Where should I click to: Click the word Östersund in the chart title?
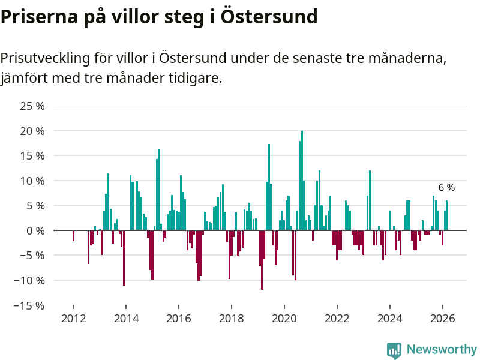[268, 16]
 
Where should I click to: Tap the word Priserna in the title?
[36, 16]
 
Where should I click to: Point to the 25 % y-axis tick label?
[32, 106]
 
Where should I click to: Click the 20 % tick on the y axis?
[32, 131]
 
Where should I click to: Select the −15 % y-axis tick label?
[29, 305]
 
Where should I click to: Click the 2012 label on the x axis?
[73, 319]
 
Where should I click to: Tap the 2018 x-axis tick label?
[232, 319]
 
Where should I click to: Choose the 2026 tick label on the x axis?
[443, 319]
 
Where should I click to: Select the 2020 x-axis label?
[284, 319]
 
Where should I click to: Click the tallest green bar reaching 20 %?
[302, 180]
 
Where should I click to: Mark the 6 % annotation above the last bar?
[446, 188]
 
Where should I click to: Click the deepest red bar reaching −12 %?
[262, 260]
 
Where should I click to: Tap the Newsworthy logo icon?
[394, 350]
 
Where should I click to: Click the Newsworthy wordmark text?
[442, 350]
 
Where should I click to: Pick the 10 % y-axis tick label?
[32, 181]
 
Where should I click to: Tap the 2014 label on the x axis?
[126, 319]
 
